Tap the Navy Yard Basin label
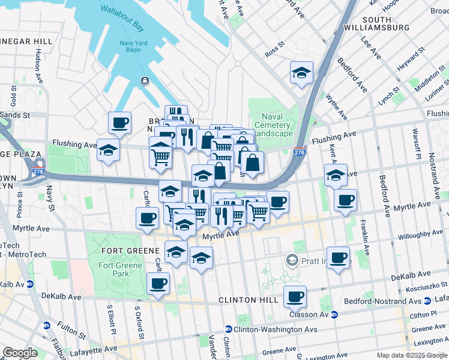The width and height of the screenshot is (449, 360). coord(130,46)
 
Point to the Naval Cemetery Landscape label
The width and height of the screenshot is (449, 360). coord(276,125)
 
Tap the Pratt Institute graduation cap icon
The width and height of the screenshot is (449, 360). coord(292,260)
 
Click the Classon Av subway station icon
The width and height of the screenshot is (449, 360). coord(334,314)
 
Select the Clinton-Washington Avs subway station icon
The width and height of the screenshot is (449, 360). coord(228,329)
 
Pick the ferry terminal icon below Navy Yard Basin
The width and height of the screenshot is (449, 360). coord(145,81)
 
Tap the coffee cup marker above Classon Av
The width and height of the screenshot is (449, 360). coord(295,296)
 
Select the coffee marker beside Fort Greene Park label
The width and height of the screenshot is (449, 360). coord(158,283)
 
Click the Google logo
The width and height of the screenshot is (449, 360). coord(20,353)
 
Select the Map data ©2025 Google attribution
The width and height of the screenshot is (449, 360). coord(411,355)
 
